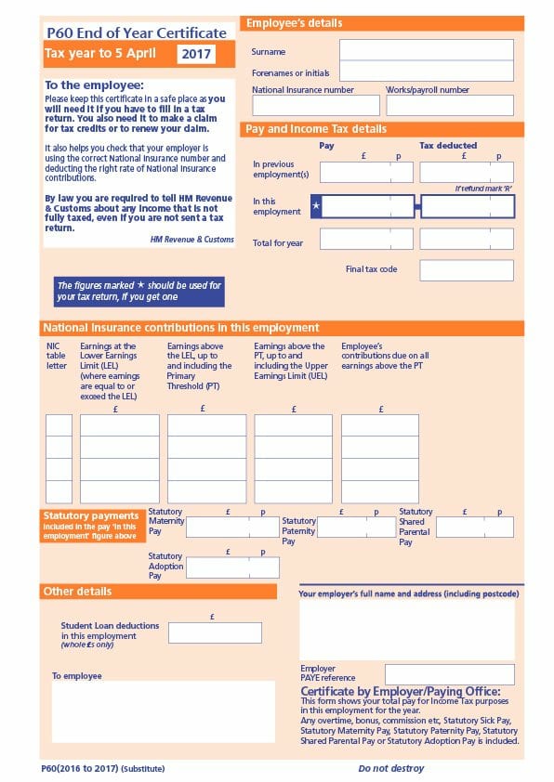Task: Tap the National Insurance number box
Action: pos(316,106)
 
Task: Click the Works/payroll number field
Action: pos(449,106)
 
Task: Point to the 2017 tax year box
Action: pos(196,54)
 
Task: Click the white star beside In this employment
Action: pos(316,206)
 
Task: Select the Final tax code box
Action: pos(467,270)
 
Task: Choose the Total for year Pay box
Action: pos(367,240)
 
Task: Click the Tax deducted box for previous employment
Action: pos(467,172)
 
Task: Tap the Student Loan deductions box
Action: pos(215,632)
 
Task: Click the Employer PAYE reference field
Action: pos(450,674)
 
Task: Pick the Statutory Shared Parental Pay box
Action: pos(474,527)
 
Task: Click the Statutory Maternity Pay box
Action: pos(232,527)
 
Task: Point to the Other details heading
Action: pos(77,592)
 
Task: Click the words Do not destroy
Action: pos(390,769)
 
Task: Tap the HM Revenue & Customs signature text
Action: pos(192,240)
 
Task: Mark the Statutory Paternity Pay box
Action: pos(357,527)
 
